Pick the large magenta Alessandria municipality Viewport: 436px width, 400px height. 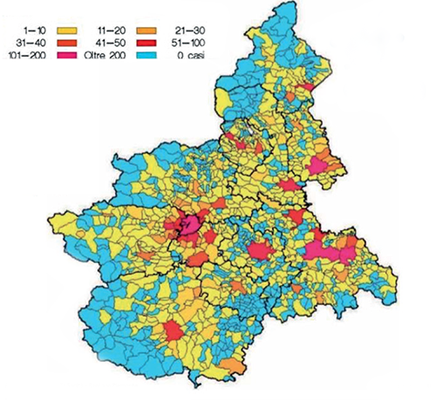point(327,253)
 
